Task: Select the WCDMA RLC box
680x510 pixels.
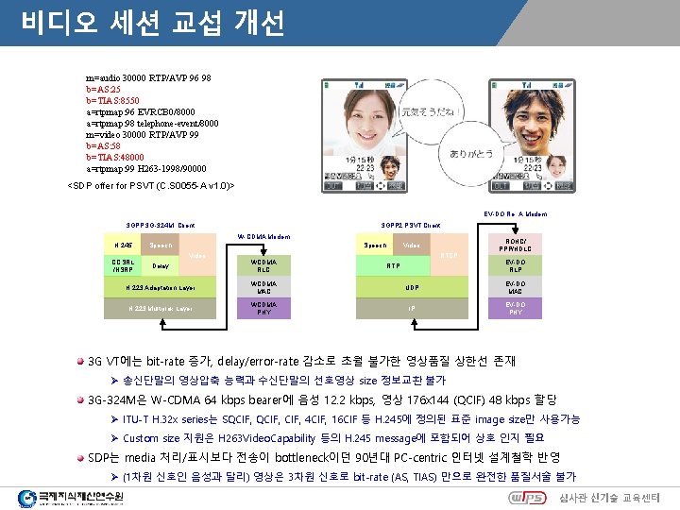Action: (x=264, y=263)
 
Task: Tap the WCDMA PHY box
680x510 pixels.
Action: (x=264, y=309)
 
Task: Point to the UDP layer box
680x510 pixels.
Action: (x=412, y=285)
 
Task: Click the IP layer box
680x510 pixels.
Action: (x=412, y=308)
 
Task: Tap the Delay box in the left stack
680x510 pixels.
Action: (x=161, y=265)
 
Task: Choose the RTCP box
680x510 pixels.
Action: (x=449, y=254)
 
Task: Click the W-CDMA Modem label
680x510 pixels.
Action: (x=263, y=235)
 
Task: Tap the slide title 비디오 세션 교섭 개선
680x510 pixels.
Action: (x=151, y=20)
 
